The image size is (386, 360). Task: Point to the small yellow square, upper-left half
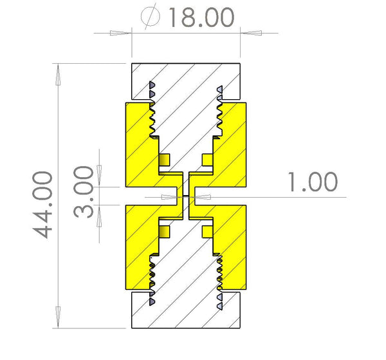click(x=164, y=159)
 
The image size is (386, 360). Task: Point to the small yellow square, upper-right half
click(x=207, y=159)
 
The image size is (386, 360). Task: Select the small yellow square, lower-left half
click(x=164, y=231)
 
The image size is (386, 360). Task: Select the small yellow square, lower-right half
click(x=207, y=231)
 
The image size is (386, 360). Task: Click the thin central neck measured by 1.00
click(x=186, y=196)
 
